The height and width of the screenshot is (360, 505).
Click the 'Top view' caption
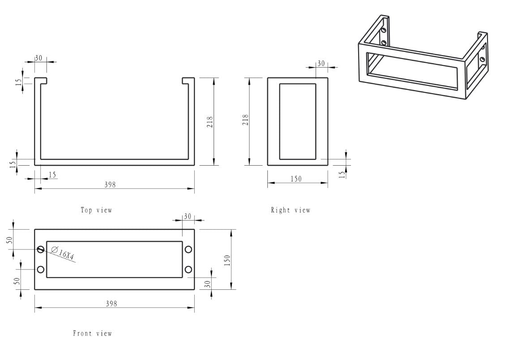coord(96,210)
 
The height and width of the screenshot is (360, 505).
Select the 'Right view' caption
coord(290,210)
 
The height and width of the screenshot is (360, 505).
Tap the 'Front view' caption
coord(93,334)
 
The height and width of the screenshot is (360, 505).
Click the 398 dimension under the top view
coord(110,184)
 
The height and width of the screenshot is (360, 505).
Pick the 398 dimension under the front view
coord(111,303)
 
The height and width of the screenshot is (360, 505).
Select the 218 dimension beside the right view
coord(245,120)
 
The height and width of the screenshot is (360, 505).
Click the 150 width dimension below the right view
coord(296,179)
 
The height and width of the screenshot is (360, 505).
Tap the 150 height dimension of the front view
coord(227,260)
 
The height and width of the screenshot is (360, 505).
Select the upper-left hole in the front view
coord(41,249)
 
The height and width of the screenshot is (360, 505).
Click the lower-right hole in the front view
coord(188,269)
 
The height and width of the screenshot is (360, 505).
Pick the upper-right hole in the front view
coord(188,249)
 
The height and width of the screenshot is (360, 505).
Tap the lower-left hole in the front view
coord(41,269)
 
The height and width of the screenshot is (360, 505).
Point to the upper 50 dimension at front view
coord(9,240)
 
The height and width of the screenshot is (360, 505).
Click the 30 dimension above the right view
coord(321,64)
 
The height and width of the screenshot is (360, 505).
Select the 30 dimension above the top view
coord(39,58)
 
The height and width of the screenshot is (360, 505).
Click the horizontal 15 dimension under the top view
coord(52,175)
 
